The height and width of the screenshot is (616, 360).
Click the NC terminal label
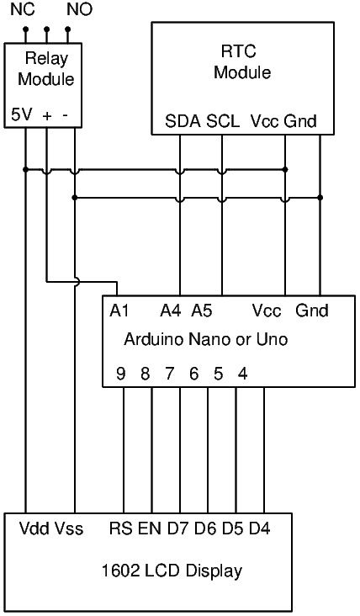[x=23, y=9]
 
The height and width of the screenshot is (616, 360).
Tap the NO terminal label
[x=80, y=9]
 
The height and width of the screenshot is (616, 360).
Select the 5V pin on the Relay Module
[x=21, y=115]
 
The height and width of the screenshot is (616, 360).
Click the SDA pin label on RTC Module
[x=183, y=121]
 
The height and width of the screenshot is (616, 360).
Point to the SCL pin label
[x=223, y=121]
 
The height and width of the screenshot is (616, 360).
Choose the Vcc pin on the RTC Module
[x=266, y=121]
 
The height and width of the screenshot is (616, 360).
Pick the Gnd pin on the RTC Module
[x=300, y=121]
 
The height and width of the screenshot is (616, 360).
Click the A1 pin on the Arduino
[x=119, y=311]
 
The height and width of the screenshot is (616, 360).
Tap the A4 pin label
[x=171, y=311]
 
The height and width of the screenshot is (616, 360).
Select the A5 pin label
[x=202, y=311]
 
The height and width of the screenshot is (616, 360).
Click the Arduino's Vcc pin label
[x=267, y=311]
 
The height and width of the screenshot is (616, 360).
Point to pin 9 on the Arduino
[x=121, y=374]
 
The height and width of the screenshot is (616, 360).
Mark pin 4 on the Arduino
[x=243, y=374]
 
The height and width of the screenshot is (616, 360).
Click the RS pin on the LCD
[x=121, y=528]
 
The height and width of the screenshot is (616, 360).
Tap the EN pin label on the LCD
[x=150, y=528]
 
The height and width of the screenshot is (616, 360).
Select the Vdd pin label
[x=34, y=528]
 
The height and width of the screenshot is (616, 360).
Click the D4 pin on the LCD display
[x=260, y=528]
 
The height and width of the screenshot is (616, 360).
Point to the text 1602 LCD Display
[x=172, y=571]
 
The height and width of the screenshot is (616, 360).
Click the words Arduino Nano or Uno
[x=206, y=339]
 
